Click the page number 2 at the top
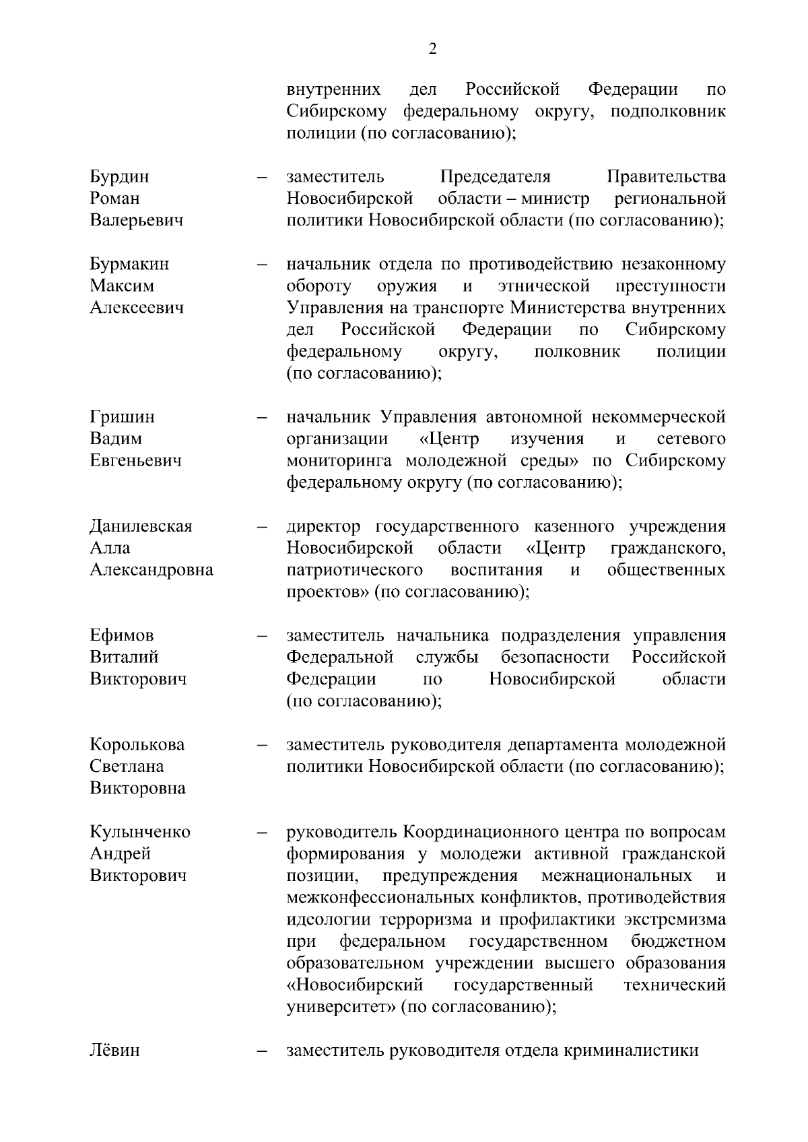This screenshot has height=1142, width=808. coord(432,48)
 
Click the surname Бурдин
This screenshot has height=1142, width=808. coord(120,177)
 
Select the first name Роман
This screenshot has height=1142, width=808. coord(114,199)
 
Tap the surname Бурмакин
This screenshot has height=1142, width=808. coord(129,264)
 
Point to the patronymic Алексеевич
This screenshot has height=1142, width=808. coord(137,308)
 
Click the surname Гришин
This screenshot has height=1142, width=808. coord(122,417)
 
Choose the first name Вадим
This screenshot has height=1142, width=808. coord(116,439)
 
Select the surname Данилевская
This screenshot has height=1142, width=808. coord(141,526)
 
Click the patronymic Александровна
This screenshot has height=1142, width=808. coord(151,570)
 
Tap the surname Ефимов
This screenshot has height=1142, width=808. coord(122,635)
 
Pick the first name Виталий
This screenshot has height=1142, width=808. coord(124,657)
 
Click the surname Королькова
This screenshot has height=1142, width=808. coord(137,745)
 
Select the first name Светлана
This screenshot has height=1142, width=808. coord(127,766)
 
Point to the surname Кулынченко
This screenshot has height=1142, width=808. coord(140,832)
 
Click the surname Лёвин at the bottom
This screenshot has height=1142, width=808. coord(114,1050)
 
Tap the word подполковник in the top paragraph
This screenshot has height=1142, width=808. coord(668,112)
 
